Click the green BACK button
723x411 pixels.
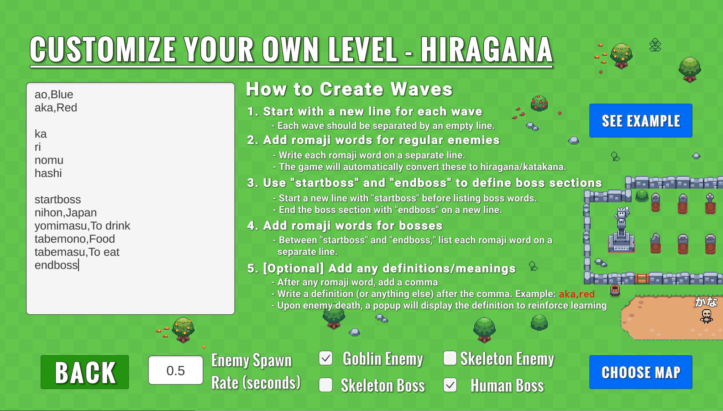[x=84, y=372]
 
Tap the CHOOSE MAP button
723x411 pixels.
[x=641, y=372]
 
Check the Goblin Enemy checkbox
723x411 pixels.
[x=325, y=358]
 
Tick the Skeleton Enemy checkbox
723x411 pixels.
[x=450, y=358]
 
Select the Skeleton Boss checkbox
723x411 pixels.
[x=325, y=385]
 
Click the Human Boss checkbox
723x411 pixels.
[x=450, y=385]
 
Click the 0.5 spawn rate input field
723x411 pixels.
[x=176, y=370]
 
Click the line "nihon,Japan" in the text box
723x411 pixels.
[x=66, y=212]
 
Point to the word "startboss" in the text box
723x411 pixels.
[x=58, y=200]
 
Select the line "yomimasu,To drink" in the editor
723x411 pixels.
[x=82, y=226]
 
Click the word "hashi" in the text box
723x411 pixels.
[x=48, y=173]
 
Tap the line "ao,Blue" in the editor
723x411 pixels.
[x=54, y=94]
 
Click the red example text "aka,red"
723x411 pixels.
[x=576, y=294]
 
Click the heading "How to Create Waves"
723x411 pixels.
[x=349, y=89]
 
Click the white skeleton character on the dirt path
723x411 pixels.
[x=707, y=316]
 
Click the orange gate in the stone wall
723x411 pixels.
[x=641, y=278]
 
